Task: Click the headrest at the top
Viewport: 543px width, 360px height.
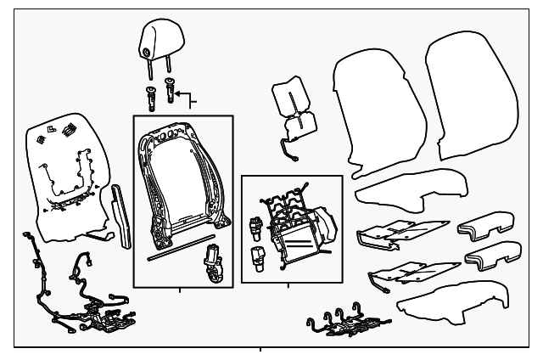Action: coord(155,37)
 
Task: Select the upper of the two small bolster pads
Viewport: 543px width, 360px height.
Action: coord(481,229)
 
